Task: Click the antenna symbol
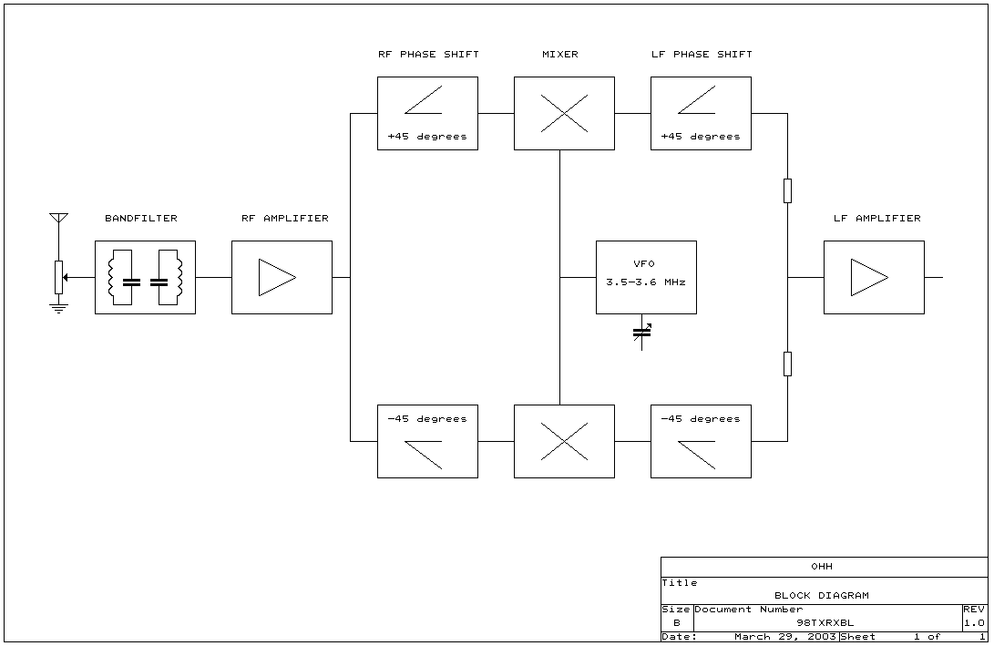click(x=58, y=220)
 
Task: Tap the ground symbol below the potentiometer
click(x=58, y=308)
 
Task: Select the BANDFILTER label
click(x=141, y=219)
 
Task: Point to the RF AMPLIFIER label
click(x=284, y=219)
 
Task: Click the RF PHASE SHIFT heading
click(x=428, y=55)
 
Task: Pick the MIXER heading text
click(x=559, y=55)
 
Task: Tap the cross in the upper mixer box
click(x=564, y=113)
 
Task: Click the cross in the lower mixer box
click(x=564, y=441)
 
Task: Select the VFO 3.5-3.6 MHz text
click(x=646, y=273)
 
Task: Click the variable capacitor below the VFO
click(x=642, y=333)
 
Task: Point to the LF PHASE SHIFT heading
click(x=702, y=55)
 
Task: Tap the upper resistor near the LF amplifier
click(x=787, y=190)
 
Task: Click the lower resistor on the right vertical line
click(x=787, y=364)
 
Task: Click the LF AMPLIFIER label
click(x=876, y=219)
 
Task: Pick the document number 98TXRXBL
click(x=824, y=623)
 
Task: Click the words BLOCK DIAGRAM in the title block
click(x=821, y=596)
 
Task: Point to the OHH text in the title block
click(x=821, y=567)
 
